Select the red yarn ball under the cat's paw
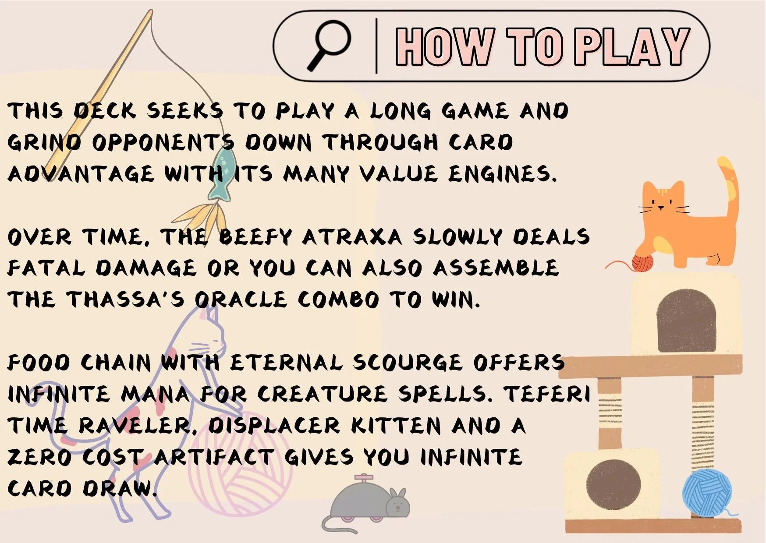[x=642, y=262]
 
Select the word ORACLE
[x=241, y=300]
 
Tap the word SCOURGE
[x=408, y=363]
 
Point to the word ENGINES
[x=502, y=174]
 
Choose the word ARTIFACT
[x=214, y=457]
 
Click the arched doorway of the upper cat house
[x=686, y=320]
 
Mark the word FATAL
[x=46, y=268]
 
